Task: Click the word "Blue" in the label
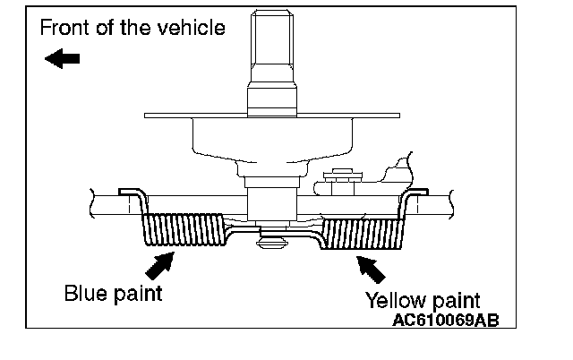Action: pyautogui.click(x=84, y=293)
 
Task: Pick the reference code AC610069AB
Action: pyautogui.click(x=445, y=318)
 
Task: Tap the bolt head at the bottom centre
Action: pyautogui.click(x=273, y=240)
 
